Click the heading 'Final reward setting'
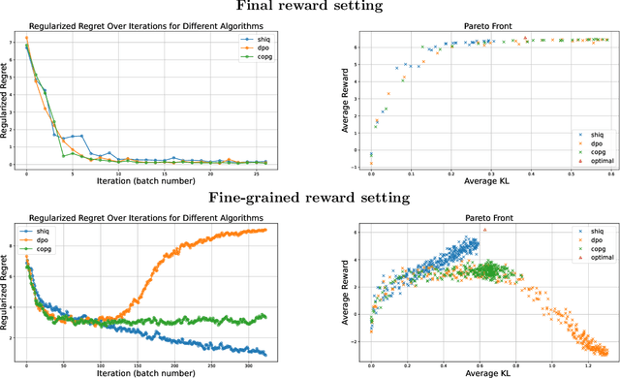310,7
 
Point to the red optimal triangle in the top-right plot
525,40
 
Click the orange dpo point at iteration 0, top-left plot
26,38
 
